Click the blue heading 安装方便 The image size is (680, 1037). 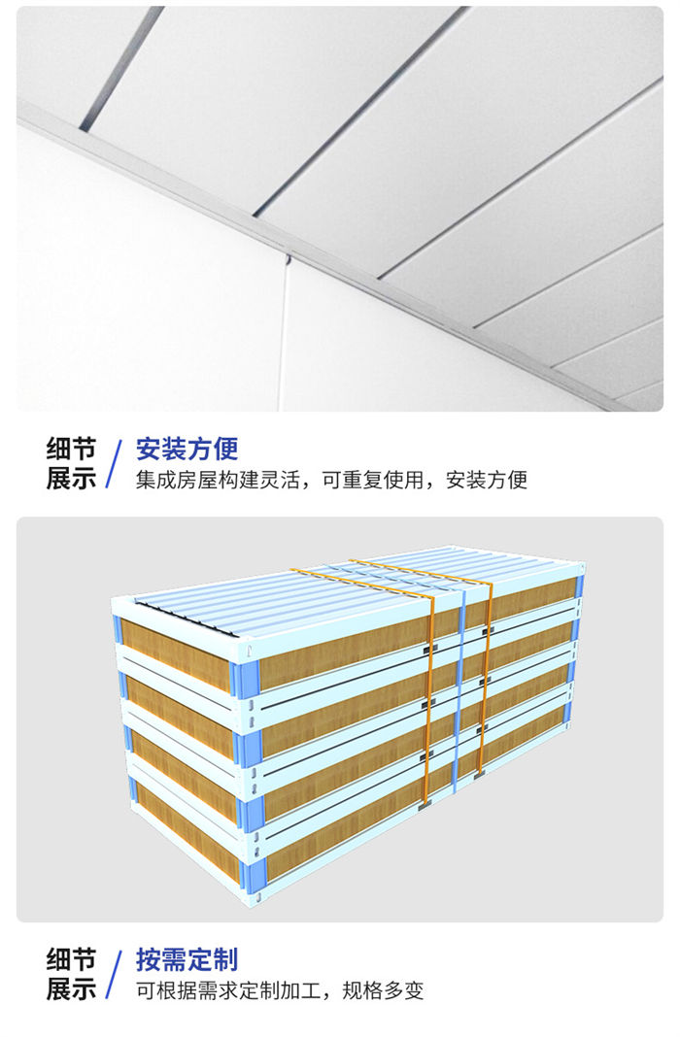187,449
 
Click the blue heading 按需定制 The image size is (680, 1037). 187,960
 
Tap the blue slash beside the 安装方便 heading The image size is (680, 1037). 115,463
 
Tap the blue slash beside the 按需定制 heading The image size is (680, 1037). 115,975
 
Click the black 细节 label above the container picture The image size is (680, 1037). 71,449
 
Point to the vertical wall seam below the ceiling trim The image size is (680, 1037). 284,330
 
